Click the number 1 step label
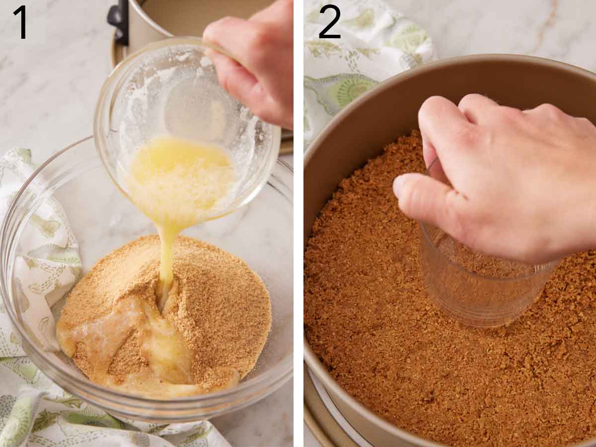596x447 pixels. click(21, 22)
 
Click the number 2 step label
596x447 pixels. click(329, 22)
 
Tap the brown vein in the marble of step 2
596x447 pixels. click(546, 25)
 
